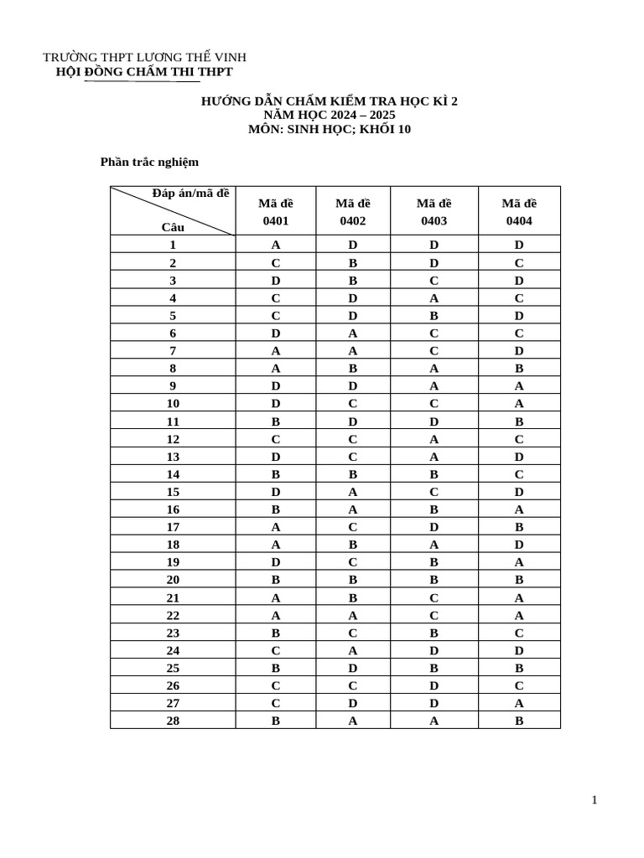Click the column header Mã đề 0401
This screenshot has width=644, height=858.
point(275,211)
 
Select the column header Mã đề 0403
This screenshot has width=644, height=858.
point(435,211)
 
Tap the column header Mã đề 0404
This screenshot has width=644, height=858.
point(519,211)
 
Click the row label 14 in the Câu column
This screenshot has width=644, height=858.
point(173,474)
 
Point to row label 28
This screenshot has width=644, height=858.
point(173,720)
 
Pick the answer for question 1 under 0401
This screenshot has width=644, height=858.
point(275,246)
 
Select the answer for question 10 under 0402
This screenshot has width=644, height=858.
point(352,404)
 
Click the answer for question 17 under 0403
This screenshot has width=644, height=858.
point(435,527)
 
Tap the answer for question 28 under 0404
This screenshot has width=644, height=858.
point(519,720)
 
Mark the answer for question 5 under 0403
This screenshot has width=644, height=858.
point(435,316)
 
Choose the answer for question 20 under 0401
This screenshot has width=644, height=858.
point(275,580)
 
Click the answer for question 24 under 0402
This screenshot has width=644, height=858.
point(352,650)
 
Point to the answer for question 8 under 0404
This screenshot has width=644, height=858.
point(519,369)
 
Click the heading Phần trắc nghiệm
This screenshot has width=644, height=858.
point(149,162)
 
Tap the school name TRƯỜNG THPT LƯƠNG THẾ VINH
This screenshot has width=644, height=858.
point(144,57)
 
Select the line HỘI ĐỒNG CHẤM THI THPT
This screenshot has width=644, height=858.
point(143,72)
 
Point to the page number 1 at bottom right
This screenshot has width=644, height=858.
point(595,800)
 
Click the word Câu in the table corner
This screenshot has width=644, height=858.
point(173,226)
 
